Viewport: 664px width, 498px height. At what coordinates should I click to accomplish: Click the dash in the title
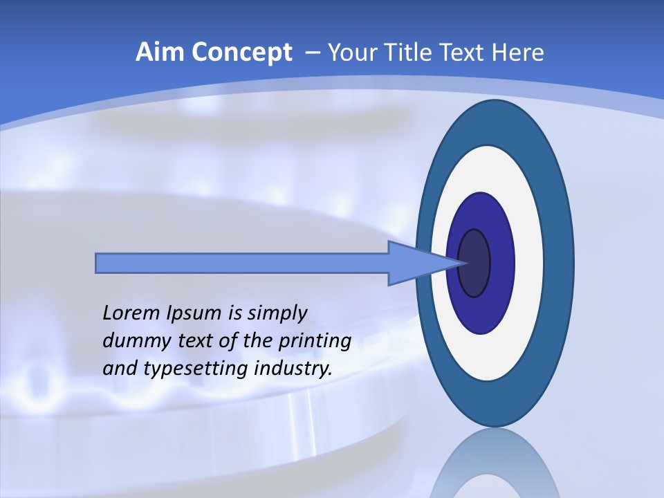click(x=312, y=53)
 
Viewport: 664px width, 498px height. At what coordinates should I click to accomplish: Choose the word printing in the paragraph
click(x=315, y=341)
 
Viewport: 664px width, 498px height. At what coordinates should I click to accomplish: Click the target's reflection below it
click(x=495, y=467)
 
